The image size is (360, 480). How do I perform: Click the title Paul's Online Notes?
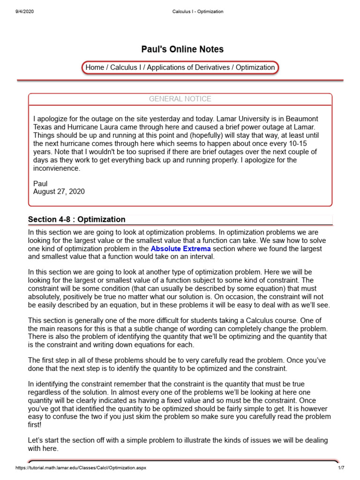click(182, 49)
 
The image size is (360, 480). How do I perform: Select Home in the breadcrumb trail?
click(95, 67)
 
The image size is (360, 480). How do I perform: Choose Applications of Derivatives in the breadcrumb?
click(188, 67)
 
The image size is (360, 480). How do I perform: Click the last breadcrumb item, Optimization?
click(255, 67)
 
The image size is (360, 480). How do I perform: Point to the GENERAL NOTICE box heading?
click(180, 99)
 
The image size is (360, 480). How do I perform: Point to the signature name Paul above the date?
click(41, 183)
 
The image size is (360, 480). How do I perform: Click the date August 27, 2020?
click(59, 191)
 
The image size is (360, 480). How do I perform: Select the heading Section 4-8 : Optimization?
click(77, 219)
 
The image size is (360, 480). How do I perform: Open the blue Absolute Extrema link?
click(181, 248)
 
